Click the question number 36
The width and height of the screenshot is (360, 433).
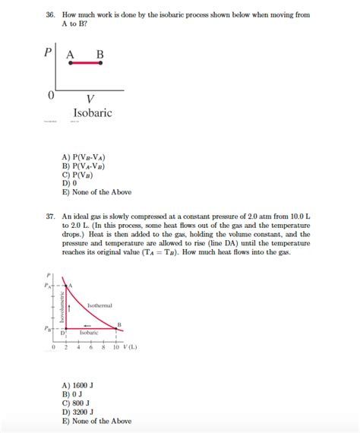pos(50,15)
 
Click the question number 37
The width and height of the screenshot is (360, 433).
pos(50,216)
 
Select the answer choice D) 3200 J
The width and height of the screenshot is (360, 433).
pos(77,412)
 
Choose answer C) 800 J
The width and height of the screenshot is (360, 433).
pos(75,404)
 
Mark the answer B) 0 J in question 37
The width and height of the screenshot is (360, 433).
pos(71,396)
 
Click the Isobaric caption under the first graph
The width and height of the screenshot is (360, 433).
pos(92,113)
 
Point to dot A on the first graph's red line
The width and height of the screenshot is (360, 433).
pos(69,64)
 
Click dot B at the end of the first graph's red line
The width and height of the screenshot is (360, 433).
pos(101,64)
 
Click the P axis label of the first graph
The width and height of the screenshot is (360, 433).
pos(48,54)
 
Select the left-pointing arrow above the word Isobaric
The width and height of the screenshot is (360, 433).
pos(89,323)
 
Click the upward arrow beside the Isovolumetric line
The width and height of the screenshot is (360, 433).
pos(70,307)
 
